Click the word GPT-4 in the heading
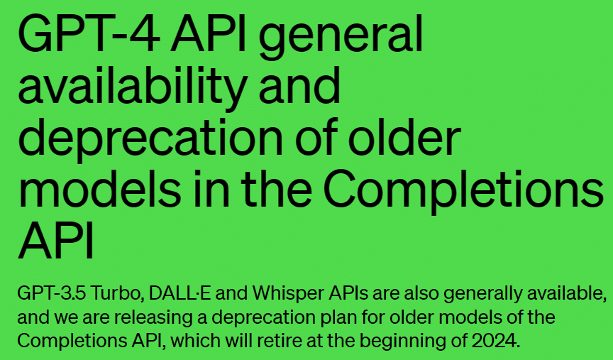click(89, 33)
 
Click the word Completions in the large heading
click(464, 192)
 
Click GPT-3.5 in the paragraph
click(51, 293)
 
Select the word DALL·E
click(180, 293)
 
